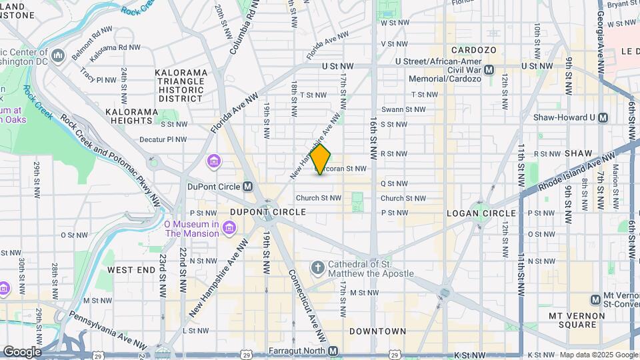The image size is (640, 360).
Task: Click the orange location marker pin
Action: click(x=321, y=159)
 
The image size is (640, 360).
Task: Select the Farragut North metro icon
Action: click(x=333, y=351)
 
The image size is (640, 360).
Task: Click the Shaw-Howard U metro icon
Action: click(x=603, y=117)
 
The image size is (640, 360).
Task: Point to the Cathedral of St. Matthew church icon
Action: click(x=318, y=268)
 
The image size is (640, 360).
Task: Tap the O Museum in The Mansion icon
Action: click(x=229, y=229)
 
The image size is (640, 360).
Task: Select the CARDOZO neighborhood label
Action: click(x=471, y=50)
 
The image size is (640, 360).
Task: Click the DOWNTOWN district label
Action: click(x=377, y=331)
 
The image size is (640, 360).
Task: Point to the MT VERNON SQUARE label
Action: click(x=572, y=320)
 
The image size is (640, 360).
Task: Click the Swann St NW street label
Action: click(x=403, y=109)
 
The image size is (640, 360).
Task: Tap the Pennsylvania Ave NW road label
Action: click(x=107, y=331)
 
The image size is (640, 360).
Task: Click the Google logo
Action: click(x=22, y=352)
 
